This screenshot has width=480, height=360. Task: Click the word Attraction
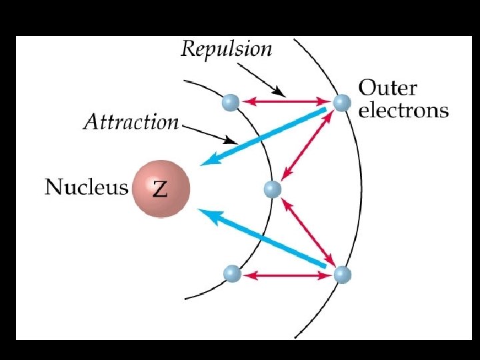pyautogui.click(x=131, y=122)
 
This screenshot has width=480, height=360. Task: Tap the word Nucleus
pyautogui.click(x=86, y=186)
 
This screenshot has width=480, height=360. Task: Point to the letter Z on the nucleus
pyautogui.click(x=161, y=189)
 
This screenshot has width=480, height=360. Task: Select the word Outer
pyautogui.click(x=388, y=88)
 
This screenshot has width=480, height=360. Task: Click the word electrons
pyautogui.click(x=403, y=110)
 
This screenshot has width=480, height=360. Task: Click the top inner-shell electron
pyautogui.click(x=231, y=102)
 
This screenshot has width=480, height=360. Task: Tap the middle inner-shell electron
pyautogui.click(x=272, y=189)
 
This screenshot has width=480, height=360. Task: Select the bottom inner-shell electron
pyautogui.click(x=231, y=274)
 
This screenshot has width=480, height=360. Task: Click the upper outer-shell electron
pyautogui.click(x=341, y=102)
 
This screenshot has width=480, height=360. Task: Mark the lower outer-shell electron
pyautogui.click(x=341, y=274)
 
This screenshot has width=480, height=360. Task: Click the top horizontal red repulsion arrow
pyautogui.click(x=286, y=102)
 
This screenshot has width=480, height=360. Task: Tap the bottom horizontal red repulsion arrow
pyautogui.click(x=286, y=274)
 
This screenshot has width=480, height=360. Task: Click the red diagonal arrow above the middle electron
pyautogui.click(x=307, y=146)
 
